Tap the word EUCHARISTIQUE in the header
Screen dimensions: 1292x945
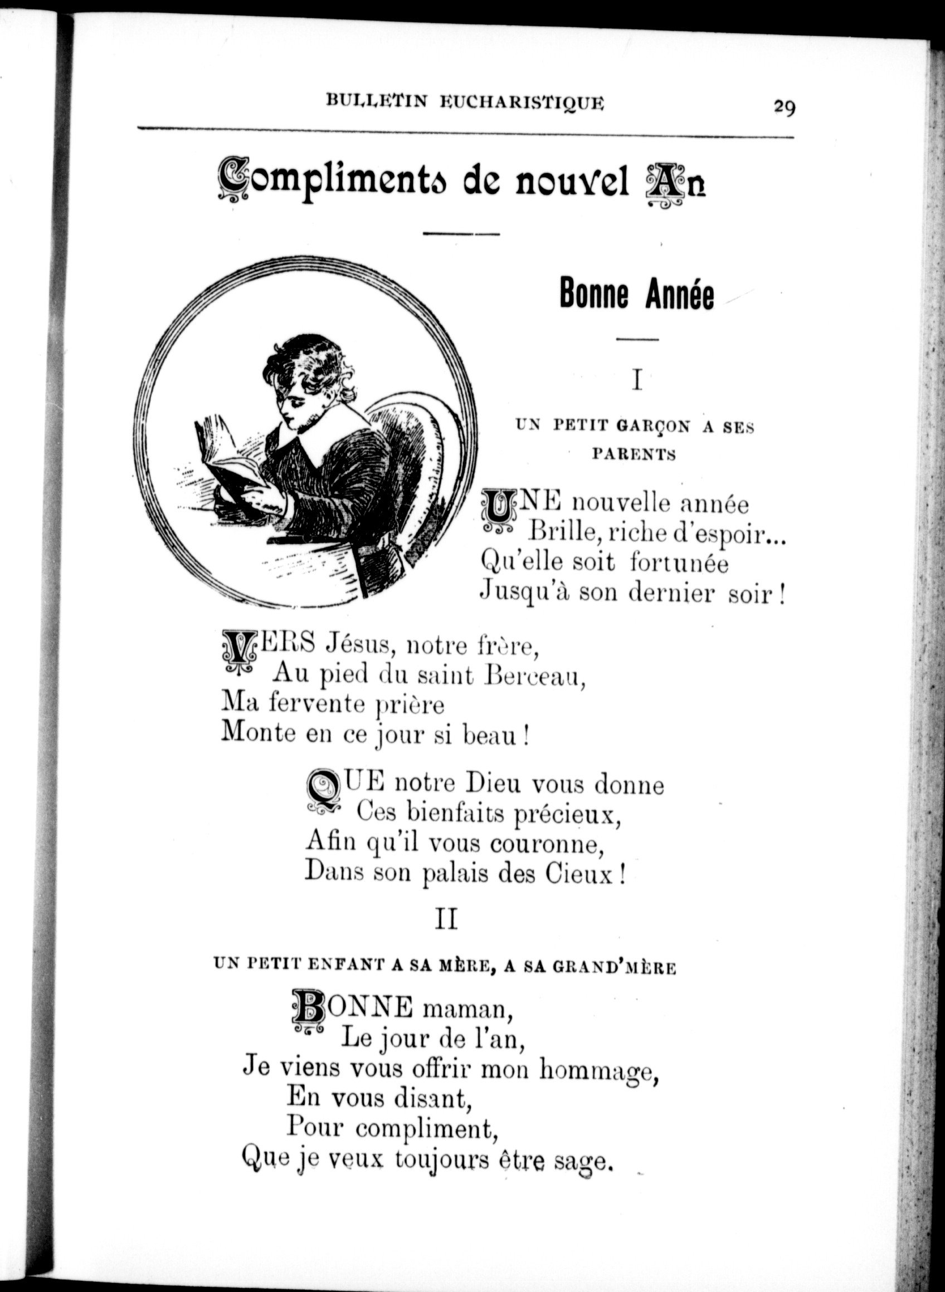(x=522, y=102)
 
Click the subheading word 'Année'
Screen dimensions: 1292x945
(x=680, y=294)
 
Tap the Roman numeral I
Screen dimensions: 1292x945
(x=637, y=380)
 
